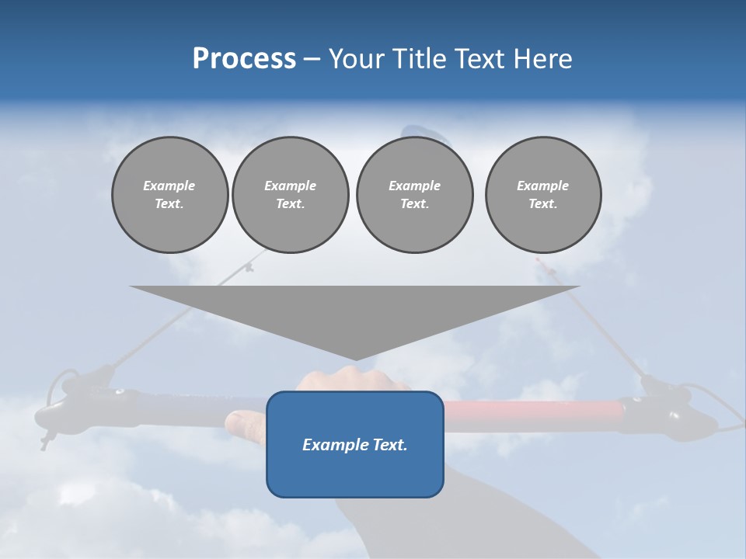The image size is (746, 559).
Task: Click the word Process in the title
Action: tap(244, 59)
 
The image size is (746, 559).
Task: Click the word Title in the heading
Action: tap(417, 59)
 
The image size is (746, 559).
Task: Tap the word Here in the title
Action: tap(544, 59)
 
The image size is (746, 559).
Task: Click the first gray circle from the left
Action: tap(169, 195)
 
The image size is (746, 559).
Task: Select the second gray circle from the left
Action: tap(290, 195)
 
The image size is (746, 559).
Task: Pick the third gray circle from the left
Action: tap(414, 195)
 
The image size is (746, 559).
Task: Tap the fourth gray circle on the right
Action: tap(542, 195)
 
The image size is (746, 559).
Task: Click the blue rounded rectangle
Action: tap(354, 474)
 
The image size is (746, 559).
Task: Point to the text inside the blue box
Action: tap(354, 445)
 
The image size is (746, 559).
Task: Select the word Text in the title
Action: tap(479, 59)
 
